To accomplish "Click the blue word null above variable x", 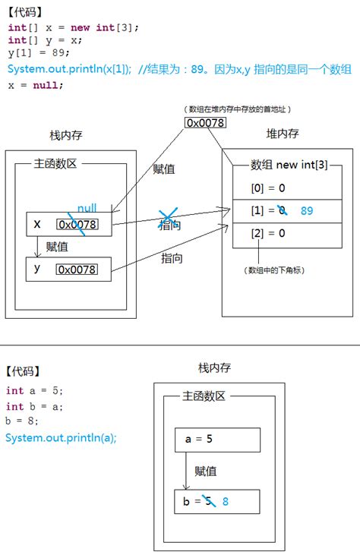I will coord(87,207).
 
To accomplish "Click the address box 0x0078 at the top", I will coord(205,122).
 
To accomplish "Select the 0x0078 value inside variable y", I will coord(76,270).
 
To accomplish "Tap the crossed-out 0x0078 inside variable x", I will coord(76,224).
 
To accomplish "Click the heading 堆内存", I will coord(282,134).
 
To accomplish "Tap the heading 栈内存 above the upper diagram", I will coord(65,135).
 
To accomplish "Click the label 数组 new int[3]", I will coord(289,165).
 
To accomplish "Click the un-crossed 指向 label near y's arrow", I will coord(171,258).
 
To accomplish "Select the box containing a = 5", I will coord(218,440).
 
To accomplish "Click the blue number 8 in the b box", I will coord(226,501).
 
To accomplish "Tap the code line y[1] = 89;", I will coord(38,52).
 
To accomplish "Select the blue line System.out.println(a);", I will coord(61,437).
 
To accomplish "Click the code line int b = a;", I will coord(35,406).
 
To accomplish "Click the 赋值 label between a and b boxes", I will coord(205,471).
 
